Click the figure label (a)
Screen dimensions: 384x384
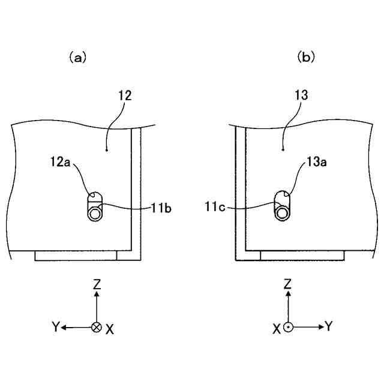click(77, 58)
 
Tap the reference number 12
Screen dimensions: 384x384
click(125, 96)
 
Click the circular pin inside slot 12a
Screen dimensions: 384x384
click(95, 214)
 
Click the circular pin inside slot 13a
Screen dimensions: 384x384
click(281, 214)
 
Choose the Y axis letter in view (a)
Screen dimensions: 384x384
click(55, 327)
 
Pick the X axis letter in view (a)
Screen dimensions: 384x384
click(110, 329)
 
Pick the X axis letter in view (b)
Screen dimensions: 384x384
click(277, 329)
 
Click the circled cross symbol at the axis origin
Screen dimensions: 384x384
click(96, 327)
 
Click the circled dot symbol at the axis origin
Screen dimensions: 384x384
click(288, 327)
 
